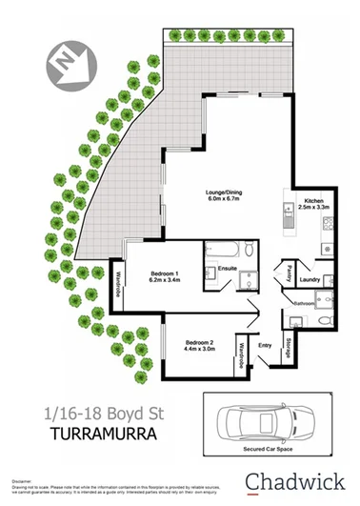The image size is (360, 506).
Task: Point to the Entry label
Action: coord(265,346)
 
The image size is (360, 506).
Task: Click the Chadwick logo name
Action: coord(294,479)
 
